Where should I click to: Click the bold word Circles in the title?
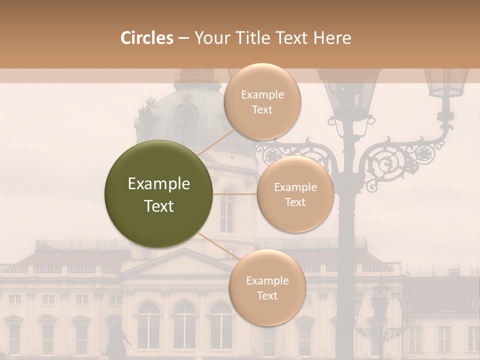[x=146, y=38]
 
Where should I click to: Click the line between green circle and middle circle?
[x=235, y=194]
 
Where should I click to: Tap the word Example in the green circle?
[x=159, y=184]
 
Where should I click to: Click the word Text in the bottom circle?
[x=267, y=295]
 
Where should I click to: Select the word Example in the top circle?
[x=262, y=95]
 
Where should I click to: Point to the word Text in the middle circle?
[x=295, y=202]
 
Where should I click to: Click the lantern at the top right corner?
[x=445, y=85]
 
